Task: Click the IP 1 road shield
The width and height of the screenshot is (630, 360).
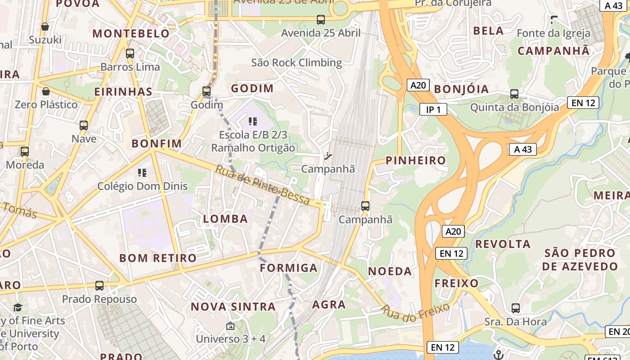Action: point(433,109)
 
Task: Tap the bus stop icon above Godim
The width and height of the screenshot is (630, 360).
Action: point(207,91)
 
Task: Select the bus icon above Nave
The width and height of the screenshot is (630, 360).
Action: point(84,126)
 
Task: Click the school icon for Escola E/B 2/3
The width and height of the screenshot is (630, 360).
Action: point(253,121)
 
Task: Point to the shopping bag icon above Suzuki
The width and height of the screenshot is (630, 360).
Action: point(45,27)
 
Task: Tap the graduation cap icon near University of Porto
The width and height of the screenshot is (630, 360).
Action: point(18,307)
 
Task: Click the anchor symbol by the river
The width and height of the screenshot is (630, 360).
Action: point(498,354)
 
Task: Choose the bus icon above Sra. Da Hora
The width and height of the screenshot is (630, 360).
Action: point(516,308)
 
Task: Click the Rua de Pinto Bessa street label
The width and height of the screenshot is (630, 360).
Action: point(263,184)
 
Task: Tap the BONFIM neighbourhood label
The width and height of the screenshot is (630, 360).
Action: point(157,144)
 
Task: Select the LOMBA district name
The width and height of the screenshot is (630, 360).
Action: point(225,219)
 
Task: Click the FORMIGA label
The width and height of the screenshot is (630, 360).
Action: point(289,268)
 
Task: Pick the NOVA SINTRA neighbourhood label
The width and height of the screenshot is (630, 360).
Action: point(233,307)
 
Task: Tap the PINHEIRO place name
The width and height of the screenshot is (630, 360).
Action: point(416,161)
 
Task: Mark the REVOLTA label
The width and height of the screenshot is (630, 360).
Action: point(503,244)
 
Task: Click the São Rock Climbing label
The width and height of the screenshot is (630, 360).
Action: point(297,63)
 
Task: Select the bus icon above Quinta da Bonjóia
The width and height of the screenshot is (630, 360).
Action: point(514,94)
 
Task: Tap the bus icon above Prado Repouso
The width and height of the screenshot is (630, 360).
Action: point(99,286)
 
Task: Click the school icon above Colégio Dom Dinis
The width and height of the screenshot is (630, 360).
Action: point(142,173)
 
